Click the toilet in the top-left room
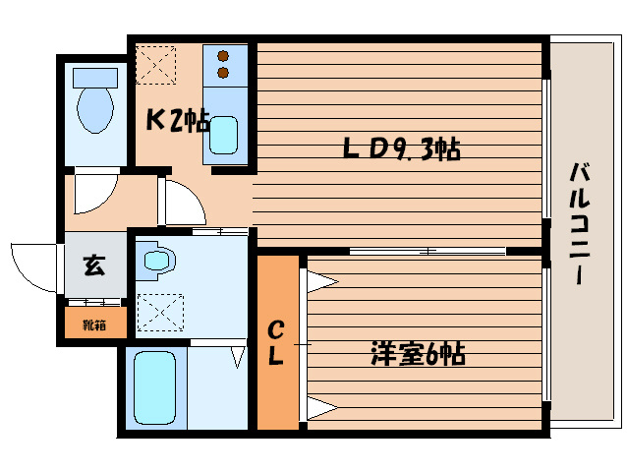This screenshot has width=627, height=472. coord(95,102)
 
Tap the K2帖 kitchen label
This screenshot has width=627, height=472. coord(178,121)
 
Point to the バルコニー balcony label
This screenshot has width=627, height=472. coord(579,224)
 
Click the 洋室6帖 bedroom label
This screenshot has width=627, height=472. coord(418,354)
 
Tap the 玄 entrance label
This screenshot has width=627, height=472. coord(93,265)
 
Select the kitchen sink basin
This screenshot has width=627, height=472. coord(225,136)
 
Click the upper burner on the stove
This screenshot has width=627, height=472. coord(224,56)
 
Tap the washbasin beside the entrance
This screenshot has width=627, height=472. coord(157,261)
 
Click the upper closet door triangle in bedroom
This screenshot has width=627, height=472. coord(320,283)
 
